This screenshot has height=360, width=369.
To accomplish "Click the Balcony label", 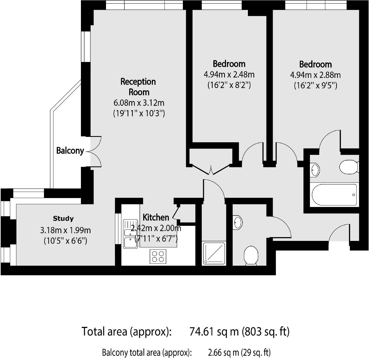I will (x=70, y=150).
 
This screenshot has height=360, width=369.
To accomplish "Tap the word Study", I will (x=63, y=219).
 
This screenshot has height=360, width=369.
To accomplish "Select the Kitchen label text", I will (x=156, y=217).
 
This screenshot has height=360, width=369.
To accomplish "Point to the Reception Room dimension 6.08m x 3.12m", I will (x=139, y=103).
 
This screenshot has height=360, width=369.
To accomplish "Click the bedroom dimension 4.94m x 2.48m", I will (x=229, y=74).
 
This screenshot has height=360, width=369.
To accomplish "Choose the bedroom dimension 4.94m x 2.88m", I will (x=315, y=75).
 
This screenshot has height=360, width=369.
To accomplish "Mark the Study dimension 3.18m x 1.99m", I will (x=66, y=230).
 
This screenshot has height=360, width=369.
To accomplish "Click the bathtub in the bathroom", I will (x=334, y=195).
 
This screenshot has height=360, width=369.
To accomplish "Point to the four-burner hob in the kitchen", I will (x=158, y=257).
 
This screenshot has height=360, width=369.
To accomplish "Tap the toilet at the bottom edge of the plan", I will (x=251, y=256).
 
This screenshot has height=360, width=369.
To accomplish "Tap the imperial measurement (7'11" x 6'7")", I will (x=156, y=239).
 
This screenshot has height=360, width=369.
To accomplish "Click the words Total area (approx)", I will (x=126, y=331).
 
